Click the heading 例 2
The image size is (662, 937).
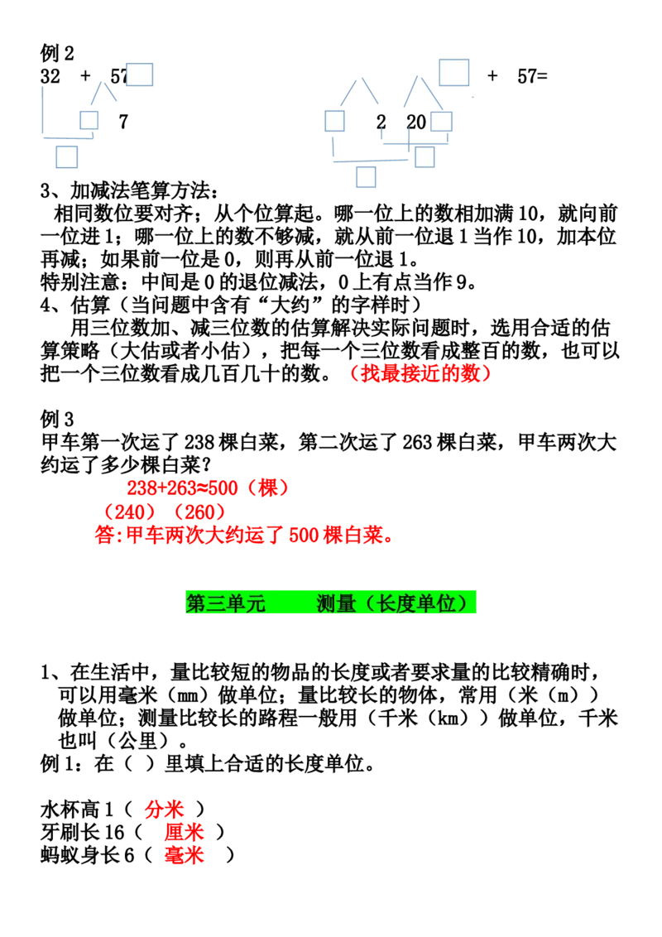pos(57,53)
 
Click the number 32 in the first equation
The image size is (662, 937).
pos(50,76)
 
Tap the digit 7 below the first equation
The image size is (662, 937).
pos(123,122)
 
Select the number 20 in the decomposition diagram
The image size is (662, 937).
pos(416,122)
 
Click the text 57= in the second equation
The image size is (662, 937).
pos(532,76)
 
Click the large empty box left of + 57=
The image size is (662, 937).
pos(454,73)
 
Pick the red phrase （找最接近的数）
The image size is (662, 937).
pos(420,373)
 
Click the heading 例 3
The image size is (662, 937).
pos(57,419)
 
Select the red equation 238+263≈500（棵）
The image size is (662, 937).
pos(208,488)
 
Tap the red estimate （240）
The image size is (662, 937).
pos(130,512)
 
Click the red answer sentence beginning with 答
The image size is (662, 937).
pos(244,535)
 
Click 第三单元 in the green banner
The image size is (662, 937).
pos(225,603)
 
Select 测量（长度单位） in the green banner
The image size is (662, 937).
pos(395,603)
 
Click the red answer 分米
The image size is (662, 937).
pos(164,810)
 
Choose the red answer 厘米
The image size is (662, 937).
pos(184,833)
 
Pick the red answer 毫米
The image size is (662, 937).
pos(184,855)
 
